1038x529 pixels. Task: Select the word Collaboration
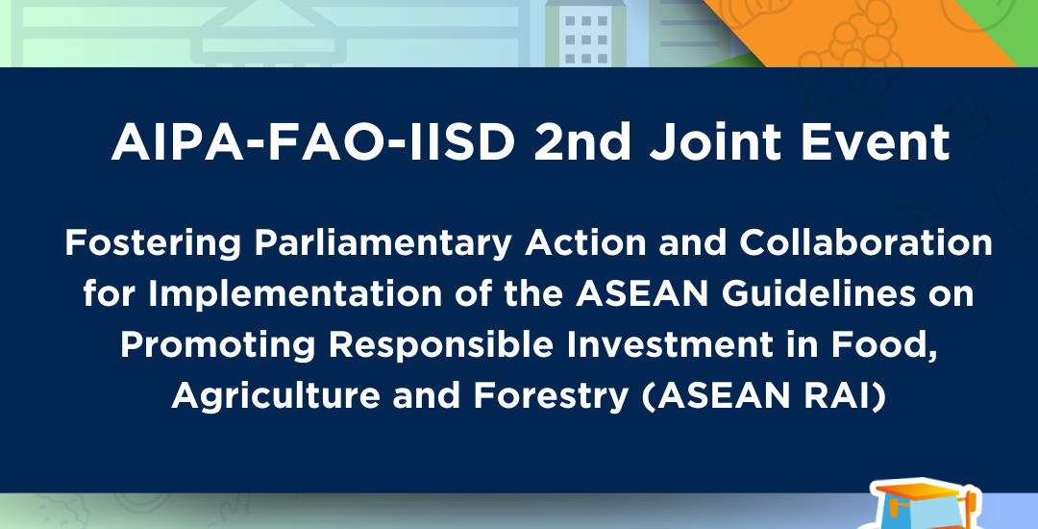866,243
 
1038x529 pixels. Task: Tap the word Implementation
295,294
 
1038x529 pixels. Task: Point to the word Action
585,243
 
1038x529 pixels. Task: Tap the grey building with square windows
585,33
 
